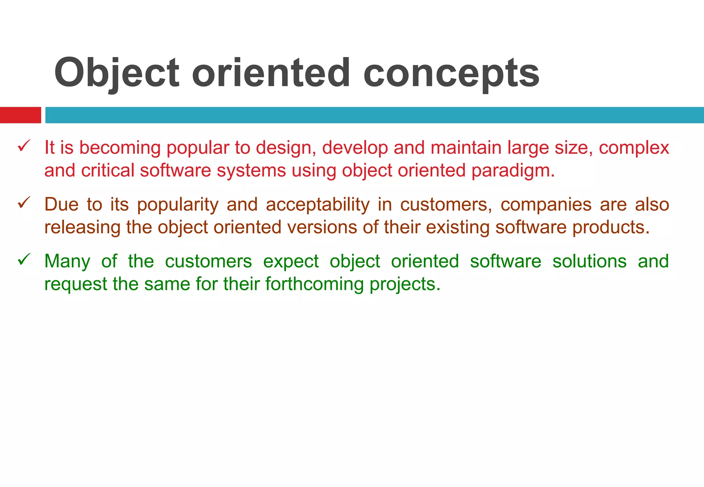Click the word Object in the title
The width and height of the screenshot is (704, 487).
coord(117,73)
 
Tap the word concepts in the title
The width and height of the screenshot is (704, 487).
coord(451,73)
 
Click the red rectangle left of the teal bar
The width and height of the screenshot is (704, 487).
coord(20,115)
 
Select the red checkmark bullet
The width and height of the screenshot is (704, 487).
coord(24,146)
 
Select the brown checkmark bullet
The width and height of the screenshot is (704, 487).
coord(24,203)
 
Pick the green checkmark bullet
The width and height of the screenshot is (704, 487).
coord(24,259)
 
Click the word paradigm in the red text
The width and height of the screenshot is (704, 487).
coord(513,171)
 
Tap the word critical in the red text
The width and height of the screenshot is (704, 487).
coord(108,171)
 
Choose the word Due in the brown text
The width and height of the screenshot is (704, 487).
coord(61,205)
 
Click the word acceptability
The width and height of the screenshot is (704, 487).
coord(318,205)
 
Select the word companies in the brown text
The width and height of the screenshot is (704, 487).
coord(546,205)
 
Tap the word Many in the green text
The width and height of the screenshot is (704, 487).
coord(67,261)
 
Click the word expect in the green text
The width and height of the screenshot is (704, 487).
coord(291,262)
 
